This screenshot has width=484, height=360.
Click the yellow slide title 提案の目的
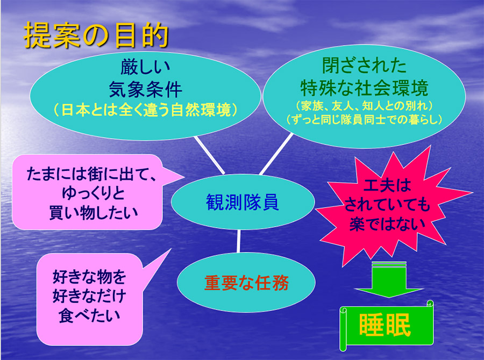pos(96,35)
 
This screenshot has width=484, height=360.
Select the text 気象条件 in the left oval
pos(145,90)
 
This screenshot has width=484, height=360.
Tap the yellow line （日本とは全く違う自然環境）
pos(145,110)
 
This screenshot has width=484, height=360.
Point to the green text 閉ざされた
pos(364,65)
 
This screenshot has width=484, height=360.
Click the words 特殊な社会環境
pos(364,88)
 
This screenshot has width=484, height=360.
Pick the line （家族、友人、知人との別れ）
pos(364,106)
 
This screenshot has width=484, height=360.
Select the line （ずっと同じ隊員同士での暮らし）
pos(364,119)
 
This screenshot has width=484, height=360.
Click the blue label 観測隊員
pos(243,202)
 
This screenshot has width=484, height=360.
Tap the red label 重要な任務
pos(246,283)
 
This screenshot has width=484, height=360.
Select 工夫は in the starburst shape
pos(387,185)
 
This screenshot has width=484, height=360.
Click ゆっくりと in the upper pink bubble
pos(93,193)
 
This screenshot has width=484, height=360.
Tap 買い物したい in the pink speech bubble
pos(93,213)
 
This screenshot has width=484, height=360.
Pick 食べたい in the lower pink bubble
pos(89,315)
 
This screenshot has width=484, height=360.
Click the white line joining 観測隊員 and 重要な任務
pos(238,241)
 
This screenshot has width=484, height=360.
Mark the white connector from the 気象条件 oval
pos(209,155)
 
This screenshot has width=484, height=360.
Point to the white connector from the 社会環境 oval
pos(276,154)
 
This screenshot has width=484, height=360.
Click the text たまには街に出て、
pos(91,174)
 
